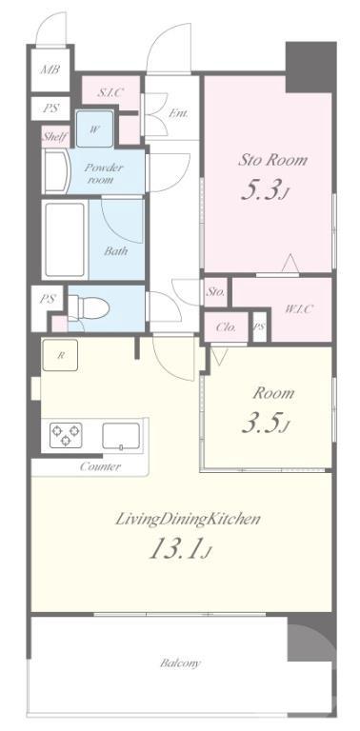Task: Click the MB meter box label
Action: click(50, 69)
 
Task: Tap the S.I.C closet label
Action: click(110, 92)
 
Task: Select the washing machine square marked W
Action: click(94, 129)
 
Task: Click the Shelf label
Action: click(55, 137)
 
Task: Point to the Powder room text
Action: click(103, 173)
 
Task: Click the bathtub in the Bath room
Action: click(65, 240)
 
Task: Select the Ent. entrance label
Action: click(179, 113)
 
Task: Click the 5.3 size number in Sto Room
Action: click(264, 190)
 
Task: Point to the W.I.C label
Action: click(298, 308)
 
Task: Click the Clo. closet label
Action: click(226, 327)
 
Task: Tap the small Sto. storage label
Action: click(216, 293)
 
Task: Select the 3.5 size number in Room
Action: click(264, 424)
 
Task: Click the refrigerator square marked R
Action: click(60, 355)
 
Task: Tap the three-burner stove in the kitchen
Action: click(66, 435)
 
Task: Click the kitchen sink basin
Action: click(121, 436)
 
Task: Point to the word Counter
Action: click(100, 466)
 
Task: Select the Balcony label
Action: click(180, 662)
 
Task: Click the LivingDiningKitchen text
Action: click(188, 520)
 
